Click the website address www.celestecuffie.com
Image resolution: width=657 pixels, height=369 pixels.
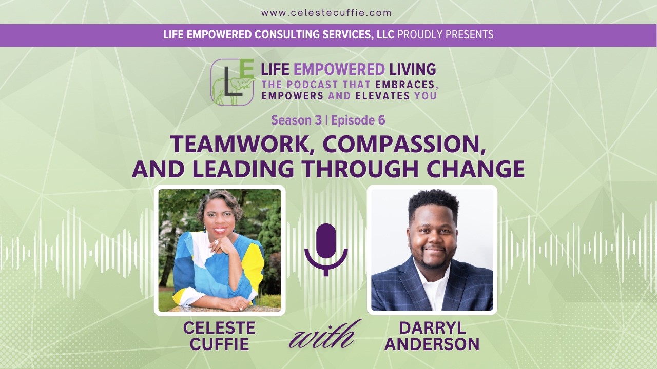pyautogui.click(x=326, y=13)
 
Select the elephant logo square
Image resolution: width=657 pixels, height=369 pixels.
pyautogui.click(x=233, y=82)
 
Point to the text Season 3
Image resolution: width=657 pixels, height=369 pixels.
pyautogui.click(x=296, y=120)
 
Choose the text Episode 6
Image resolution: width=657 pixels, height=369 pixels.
pyautogui.click(x=358, y=120)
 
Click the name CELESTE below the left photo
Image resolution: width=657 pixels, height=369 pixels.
pyautogui.click(x=219, y=329)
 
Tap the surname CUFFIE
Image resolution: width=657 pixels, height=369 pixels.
pyautogui.click(x=219, y=344)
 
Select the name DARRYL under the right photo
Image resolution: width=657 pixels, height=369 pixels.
pyautogui.click(x=432, y=329)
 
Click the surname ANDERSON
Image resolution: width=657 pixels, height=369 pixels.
pyautogui.click(x=432, y=344)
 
